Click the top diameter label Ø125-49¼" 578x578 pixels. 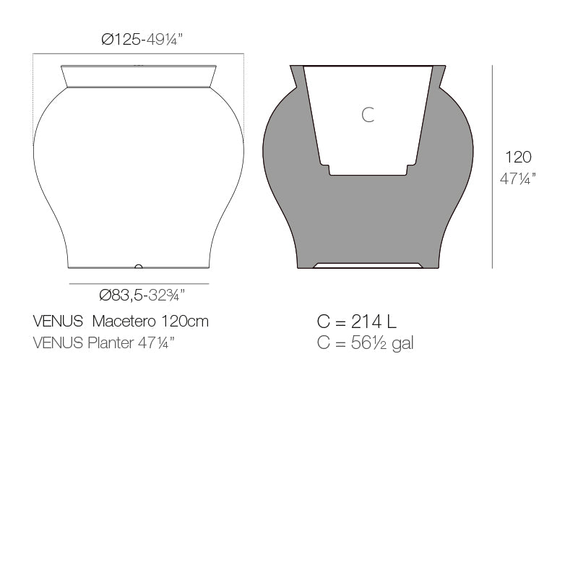click(142, 40)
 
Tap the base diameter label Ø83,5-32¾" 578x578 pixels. click(142, 295)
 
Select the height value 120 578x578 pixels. click(518, 158)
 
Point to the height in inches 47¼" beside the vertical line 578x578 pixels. click(518, 178)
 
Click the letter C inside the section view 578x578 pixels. click(368, 114)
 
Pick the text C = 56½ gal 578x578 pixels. click(365, 342)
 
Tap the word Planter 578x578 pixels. click(111, 342)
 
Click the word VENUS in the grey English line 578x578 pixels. click(58, 342)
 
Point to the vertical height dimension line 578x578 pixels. click(493, 166)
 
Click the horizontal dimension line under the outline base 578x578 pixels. click(139, 284)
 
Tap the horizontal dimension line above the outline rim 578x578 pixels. click(139, 53)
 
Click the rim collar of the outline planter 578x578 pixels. click(139, 77)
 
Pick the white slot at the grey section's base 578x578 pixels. click(368, 265)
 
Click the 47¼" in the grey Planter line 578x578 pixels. click(157, 342)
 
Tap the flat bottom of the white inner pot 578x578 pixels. click(368, 173)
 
